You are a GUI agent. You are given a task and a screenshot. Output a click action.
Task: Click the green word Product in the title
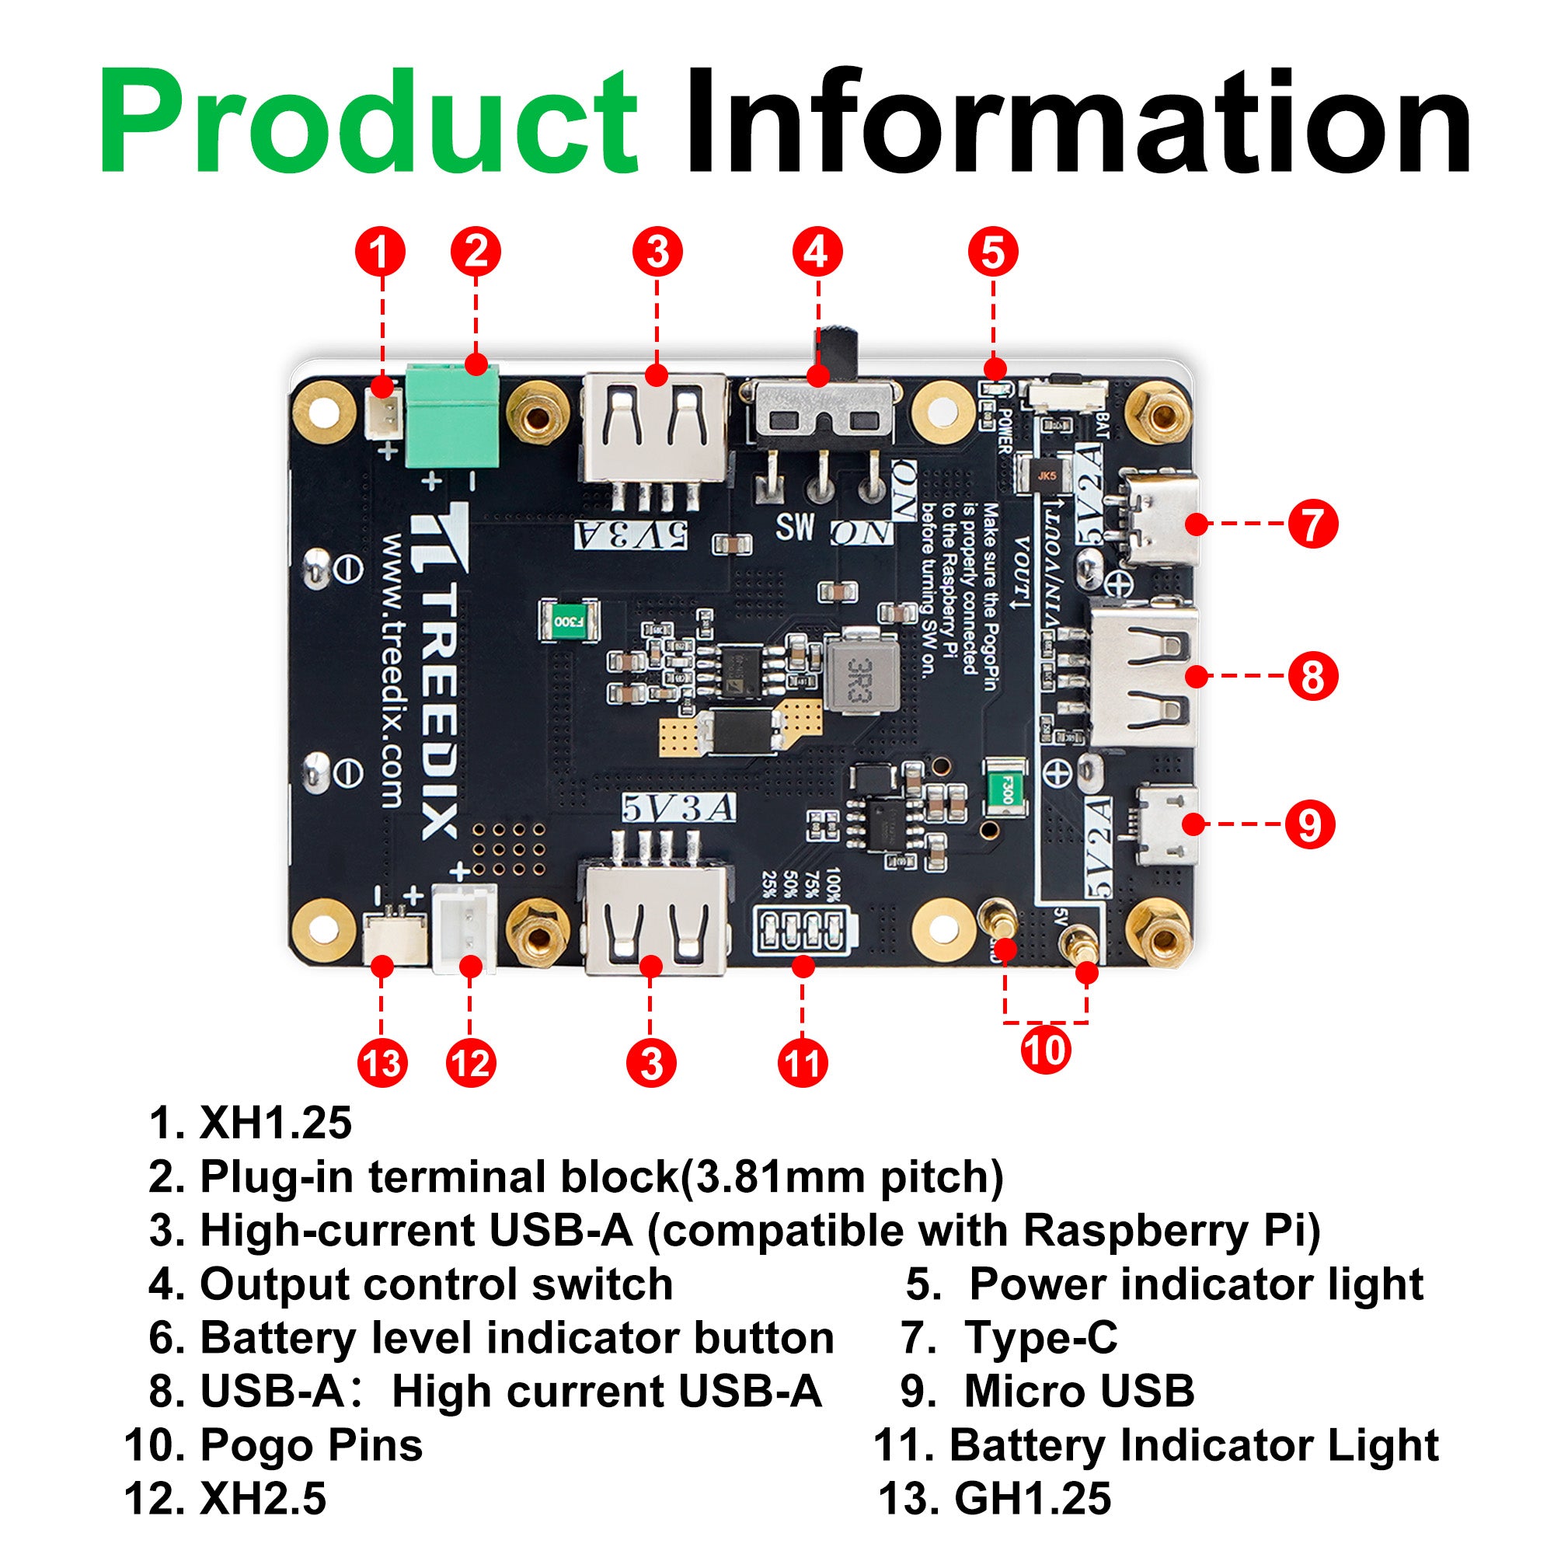368,122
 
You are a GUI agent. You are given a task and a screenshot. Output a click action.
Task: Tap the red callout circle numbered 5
992,252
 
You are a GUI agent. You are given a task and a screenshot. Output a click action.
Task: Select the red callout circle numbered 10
1045,1050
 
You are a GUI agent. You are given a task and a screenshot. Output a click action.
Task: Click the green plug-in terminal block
452,416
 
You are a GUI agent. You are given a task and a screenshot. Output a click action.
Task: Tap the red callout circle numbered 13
382,1064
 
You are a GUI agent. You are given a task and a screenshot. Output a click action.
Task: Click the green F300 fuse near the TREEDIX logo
569,621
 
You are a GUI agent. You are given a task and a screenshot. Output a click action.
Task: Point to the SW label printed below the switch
795,527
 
